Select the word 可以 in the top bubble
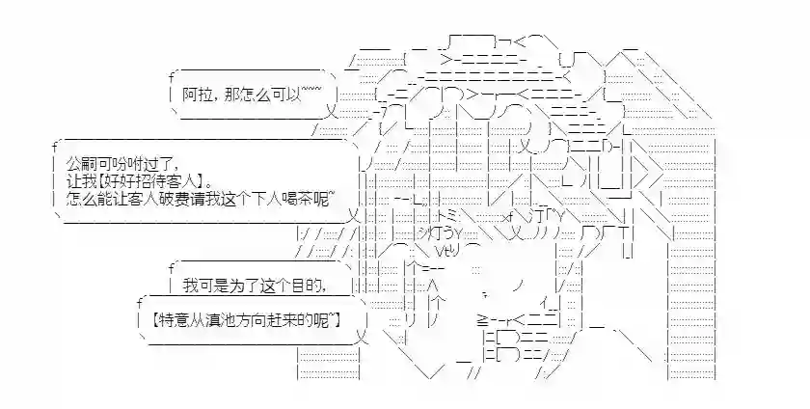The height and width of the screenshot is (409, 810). coord(287,94)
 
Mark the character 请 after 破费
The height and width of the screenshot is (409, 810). coord(212,198)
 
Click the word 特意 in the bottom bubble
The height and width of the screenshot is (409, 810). coord(174,318)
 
